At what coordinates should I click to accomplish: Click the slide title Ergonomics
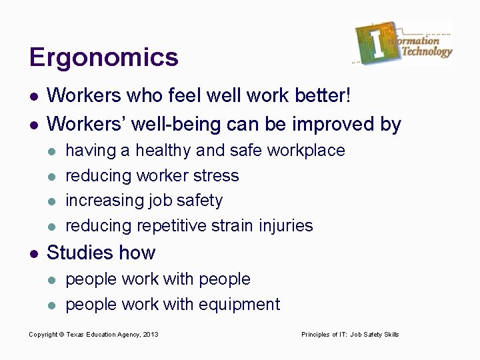[104, 57]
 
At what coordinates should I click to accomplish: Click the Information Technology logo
[403, 43]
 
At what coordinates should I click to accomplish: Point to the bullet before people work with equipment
[53, 305]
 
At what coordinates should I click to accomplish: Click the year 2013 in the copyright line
[150, 334]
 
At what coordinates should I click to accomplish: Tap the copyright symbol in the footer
[61, 334]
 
